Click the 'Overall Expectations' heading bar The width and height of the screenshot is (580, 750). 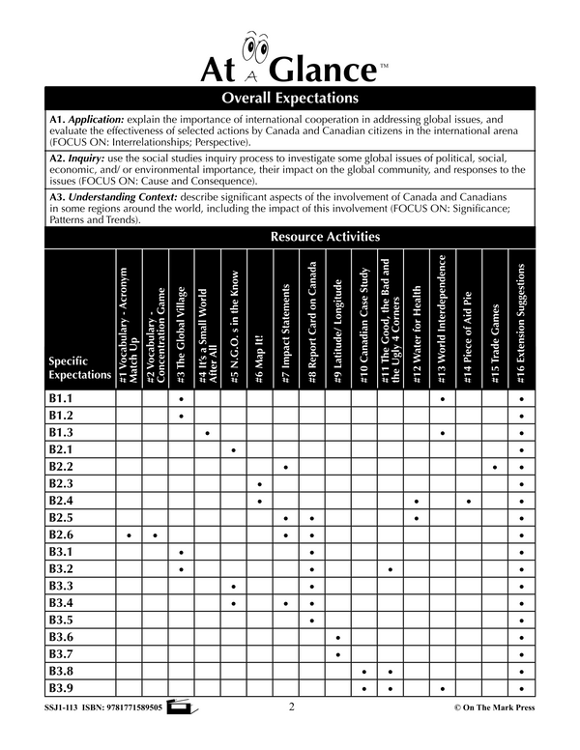pos(290,99)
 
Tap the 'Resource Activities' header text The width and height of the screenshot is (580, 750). pos(325,237)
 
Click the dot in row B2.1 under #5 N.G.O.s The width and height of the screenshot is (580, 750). pos(234,450)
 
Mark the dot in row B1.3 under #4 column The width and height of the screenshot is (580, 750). pos(208,433)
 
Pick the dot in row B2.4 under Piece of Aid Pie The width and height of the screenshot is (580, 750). pos(469,501)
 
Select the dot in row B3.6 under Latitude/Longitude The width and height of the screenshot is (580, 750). pos(338,638)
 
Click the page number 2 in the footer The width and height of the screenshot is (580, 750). pos(291,707)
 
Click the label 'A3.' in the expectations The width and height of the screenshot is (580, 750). pos(57,195)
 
